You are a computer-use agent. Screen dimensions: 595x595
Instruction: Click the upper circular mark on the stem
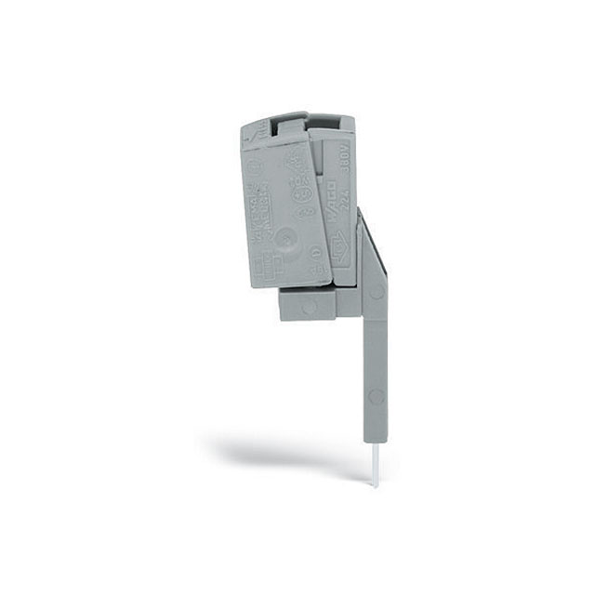(376, 291)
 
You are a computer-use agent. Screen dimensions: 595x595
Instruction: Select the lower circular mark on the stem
(375, 397)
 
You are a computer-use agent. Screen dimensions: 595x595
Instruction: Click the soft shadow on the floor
(279, 456)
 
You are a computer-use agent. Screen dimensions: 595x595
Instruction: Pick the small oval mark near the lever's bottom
(314, 253)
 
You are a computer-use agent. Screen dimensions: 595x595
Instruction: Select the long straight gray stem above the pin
(372, 363)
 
